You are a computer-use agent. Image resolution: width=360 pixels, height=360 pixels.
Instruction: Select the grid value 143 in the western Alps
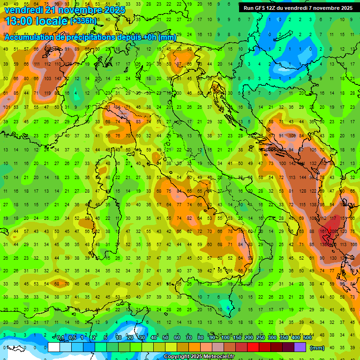58,78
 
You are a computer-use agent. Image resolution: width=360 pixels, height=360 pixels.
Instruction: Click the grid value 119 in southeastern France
47,93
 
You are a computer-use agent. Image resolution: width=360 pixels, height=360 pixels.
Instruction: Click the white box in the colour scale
54,347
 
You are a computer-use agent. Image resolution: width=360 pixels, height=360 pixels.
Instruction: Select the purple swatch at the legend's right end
300,347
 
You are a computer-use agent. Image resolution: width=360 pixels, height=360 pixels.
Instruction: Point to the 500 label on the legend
307,337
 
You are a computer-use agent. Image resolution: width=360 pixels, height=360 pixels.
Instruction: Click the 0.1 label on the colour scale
60,337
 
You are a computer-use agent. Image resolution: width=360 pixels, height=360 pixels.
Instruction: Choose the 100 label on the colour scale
225,337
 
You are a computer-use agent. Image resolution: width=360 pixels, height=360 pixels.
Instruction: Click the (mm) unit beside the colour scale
317,348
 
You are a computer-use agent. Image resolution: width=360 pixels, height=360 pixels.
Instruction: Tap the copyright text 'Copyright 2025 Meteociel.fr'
199,357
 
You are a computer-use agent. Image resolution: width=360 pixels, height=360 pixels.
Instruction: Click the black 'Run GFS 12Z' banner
299,8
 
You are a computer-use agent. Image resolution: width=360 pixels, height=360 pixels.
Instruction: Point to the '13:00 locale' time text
36,21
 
